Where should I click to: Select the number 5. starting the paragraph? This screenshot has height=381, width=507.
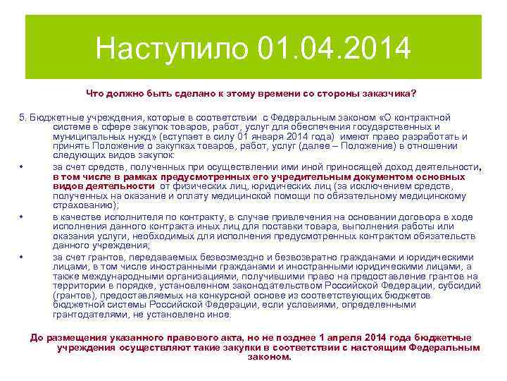(23, 116)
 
